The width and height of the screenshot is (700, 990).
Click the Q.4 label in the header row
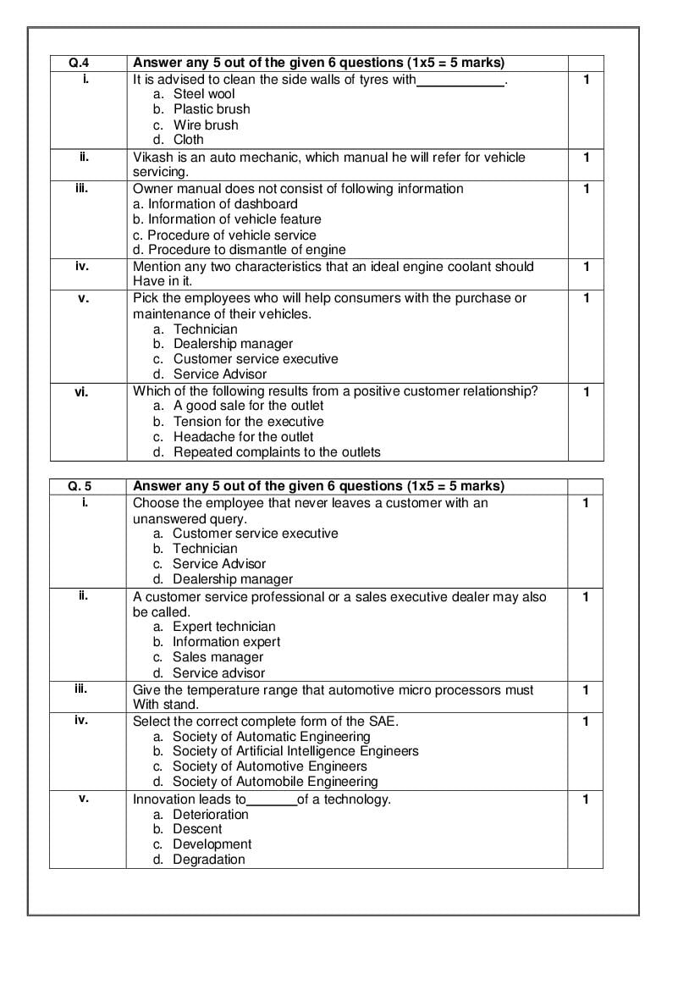(77, 63)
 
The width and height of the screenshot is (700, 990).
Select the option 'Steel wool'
(204, 94)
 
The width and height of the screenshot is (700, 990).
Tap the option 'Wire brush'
(206, 124)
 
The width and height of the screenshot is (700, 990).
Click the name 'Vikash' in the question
(153, 158)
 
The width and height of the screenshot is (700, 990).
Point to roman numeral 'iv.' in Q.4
(82, 266)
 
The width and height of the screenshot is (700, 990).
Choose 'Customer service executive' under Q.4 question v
(256, 359)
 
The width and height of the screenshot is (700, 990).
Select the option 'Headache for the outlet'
(243, 437)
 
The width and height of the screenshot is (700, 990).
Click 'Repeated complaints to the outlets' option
(277, 452)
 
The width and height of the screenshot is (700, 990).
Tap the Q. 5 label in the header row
(80, 486)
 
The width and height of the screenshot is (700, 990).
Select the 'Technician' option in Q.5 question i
(205, 549)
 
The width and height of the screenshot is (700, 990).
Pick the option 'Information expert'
(226, 642)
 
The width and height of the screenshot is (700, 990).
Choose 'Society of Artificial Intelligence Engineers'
(295, 751)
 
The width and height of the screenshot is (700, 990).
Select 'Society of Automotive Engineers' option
(269, 766)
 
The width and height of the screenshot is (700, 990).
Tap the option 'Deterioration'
(211, 815)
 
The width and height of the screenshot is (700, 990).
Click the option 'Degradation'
(208, 860)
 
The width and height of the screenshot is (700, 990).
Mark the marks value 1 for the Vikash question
(586, 158)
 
